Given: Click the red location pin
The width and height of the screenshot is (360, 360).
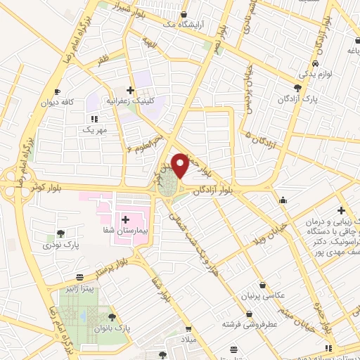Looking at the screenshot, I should [181, 165].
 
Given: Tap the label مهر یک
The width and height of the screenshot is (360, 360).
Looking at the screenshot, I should [93, 130].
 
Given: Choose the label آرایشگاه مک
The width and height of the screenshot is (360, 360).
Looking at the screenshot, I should [184, 25].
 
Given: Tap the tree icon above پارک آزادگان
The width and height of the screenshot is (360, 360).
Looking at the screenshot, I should [298, 88].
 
